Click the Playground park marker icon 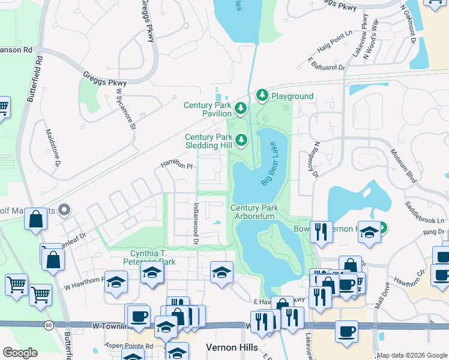point(262,95)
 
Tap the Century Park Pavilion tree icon point(241,109)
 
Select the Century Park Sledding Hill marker point(241,140)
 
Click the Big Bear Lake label point(271,163)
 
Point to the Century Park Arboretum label point(254,212)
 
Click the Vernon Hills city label point(232,347)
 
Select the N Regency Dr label point(314,160)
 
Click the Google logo point(20,353)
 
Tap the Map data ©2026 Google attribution point(412,355)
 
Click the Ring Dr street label point(433,232)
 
